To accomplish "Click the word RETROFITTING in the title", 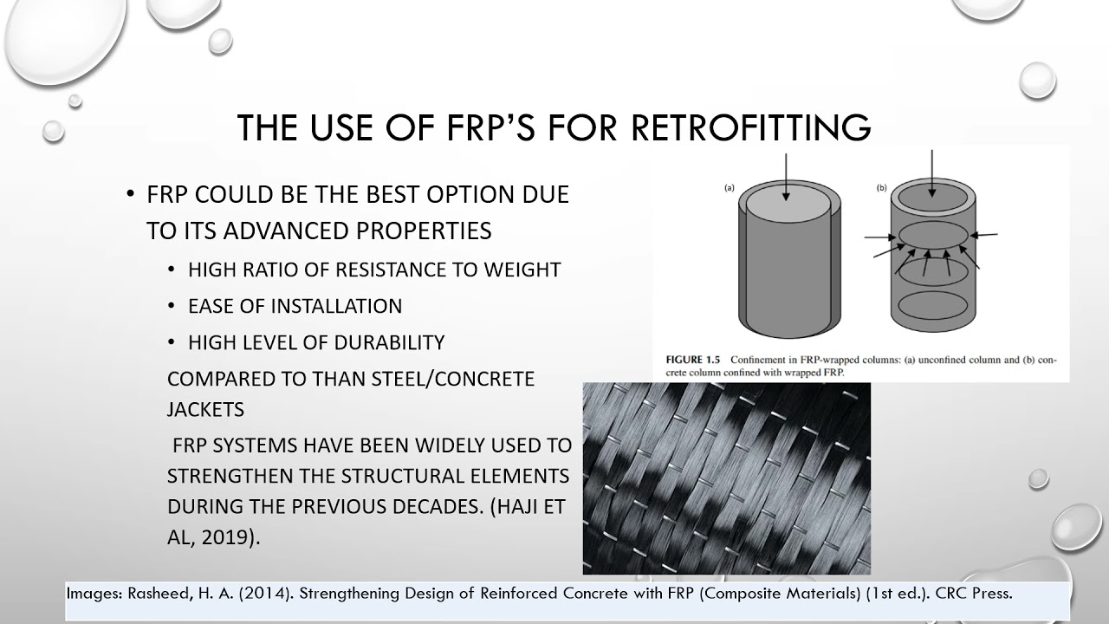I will pos(751,127).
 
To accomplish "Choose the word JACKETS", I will pos(205,408).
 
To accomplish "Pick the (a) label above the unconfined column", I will pos(729,187).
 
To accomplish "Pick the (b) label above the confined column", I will pos(882,187).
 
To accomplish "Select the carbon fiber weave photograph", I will pos(726,478).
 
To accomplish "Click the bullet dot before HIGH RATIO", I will pos(172,270).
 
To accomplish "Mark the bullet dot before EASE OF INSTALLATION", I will pos(172,307).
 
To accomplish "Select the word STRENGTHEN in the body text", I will pos(249,476).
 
